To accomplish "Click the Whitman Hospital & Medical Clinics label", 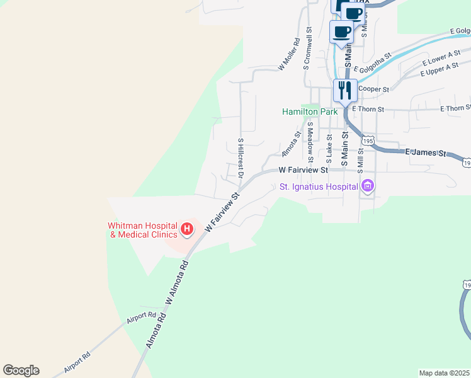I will point(142,230).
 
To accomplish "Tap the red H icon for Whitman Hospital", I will point(186,230).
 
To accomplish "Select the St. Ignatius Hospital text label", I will point(319,186).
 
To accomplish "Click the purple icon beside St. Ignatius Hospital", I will point(367,186).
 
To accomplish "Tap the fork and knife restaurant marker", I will point(345,89).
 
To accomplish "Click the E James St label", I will point(425,152).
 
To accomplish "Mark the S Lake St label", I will point(329,147).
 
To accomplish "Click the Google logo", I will point(21,370).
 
